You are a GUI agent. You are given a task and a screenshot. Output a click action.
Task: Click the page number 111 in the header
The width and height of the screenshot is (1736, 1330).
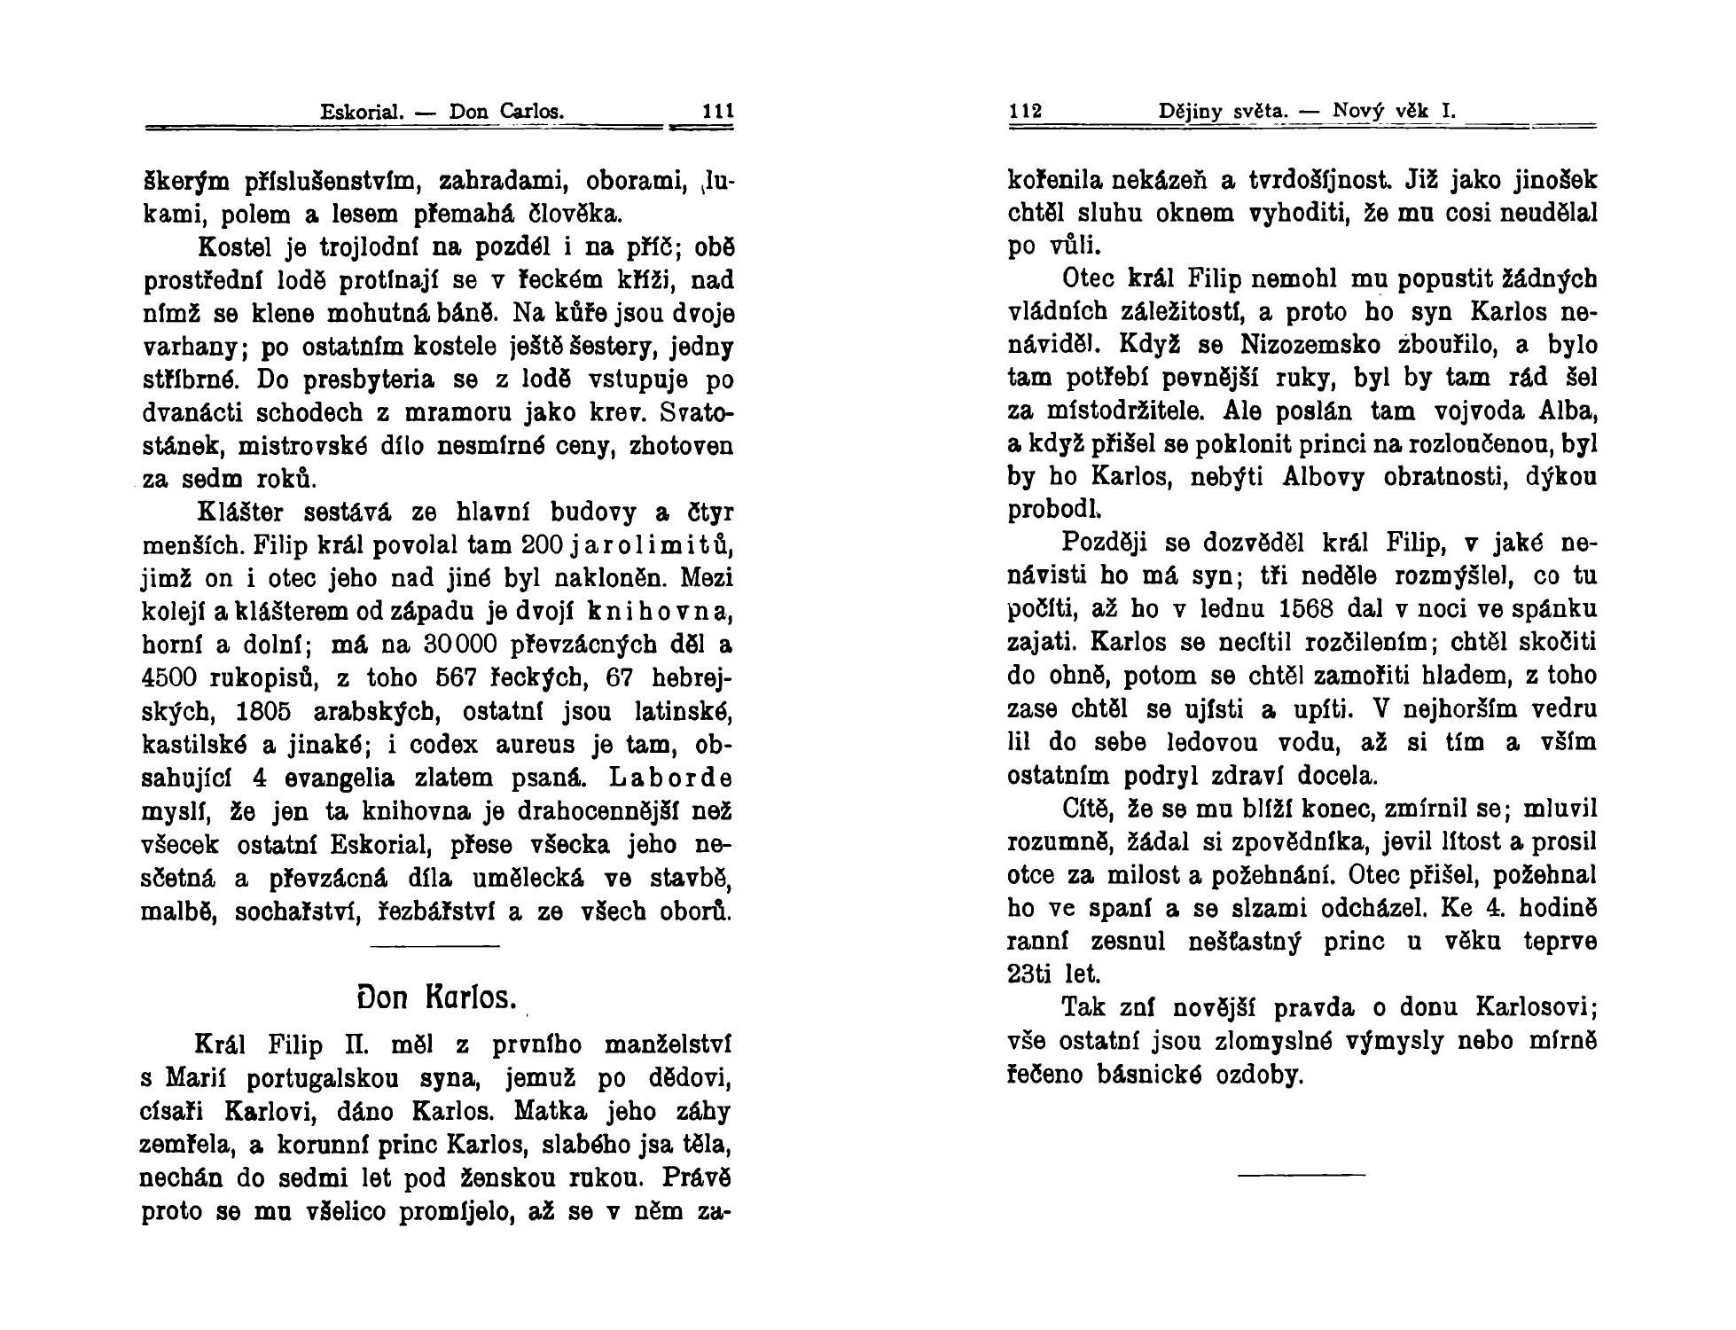(x=718, y=113)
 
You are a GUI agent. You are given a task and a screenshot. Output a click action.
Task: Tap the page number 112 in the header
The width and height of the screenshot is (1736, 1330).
(x=1026, y=113)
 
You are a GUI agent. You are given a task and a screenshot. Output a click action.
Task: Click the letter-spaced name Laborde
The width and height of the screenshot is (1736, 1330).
(x=671, y=778)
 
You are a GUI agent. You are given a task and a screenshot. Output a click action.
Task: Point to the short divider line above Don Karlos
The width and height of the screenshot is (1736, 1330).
(x=434, y=947)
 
